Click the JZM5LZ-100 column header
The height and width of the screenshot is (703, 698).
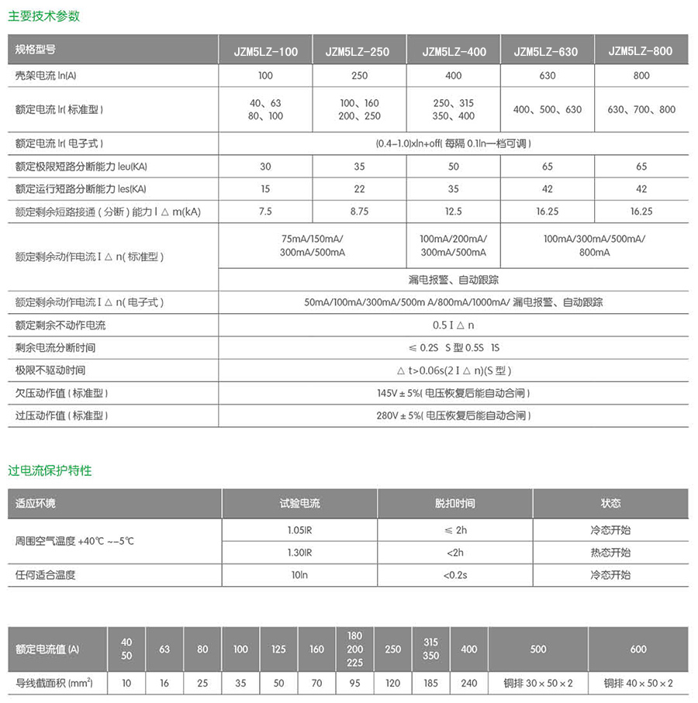click(x=266, y=52)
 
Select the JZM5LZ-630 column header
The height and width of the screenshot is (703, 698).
click(x=547, y=52)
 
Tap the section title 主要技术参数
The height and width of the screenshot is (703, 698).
click(x=43, y=16)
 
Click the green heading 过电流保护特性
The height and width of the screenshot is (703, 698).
click(x=50, y=470)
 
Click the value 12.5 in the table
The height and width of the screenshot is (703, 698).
click(x=454, y=212)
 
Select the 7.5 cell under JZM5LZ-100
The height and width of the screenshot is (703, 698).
click(x=265, y=212)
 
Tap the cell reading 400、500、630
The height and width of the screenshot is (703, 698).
click(x=547, y=110)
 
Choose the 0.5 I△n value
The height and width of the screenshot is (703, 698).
click(x=454, y=326)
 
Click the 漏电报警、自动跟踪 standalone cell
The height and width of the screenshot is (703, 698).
click(x=454, y=279)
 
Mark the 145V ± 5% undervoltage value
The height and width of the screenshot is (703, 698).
click(x=454, y=394)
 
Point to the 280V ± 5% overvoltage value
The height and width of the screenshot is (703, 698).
click(x=454, y=415)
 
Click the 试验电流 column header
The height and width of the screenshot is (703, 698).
click(x=299, y=504)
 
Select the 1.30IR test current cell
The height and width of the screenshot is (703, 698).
click(x=299, y=553)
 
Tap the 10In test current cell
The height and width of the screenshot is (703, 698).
click(x=299, y=575)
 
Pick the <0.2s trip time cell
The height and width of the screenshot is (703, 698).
click(x=454, y=575)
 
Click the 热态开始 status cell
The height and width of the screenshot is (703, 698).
click(x=610, y=553)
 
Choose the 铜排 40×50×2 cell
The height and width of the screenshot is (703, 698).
click(x=638, y=683)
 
